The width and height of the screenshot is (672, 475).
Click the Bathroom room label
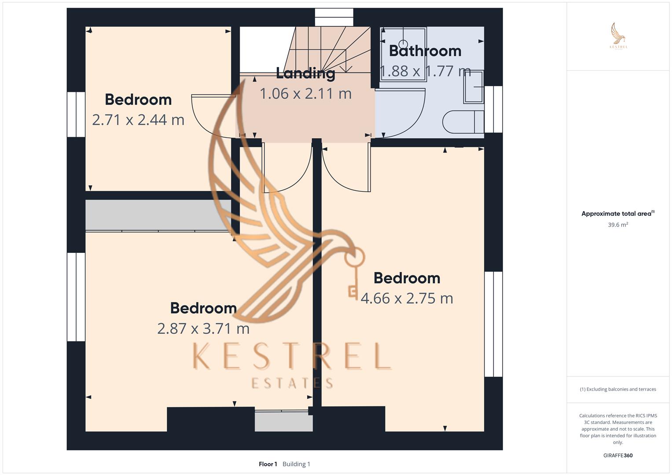(x=425, y=51)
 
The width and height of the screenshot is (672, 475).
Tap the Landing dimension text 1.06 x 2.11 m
(x=305, y=94)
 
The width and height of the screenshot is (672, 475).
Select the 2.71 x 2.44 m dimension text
(x=138, y=120)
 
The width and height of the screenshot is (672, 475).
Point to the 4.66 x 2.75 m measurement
(x=407, y=298)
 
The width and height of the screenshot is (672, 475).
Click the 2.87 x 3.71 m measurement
(x=203, y=328)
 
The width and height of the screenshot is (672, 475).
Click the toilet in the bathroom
(x=462, y=122)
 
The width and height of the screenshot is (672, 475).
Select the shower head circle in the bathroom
(x=403, y=44)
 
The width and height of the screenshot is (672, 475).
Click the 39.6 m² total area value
(x=618, y=225)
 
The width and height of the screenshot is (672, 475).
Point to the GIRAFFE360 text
(x=618, y=455)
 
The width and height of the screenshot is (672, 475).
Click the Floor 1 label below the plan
(x=268, y=464)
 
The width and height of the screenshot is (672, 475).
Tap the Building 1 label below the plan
(x=296, y=464)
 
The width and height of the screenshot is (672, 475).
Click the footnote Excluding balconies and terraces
(x=618, y=389)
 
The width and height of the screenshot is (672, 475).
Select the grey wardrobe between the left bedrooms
(x=158, y=215)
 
